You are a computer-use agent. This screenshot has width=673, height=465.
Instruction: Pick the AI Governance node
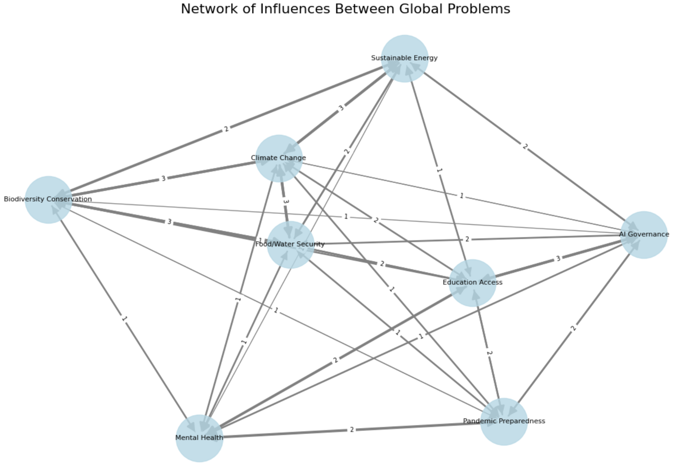(x=644, y=235)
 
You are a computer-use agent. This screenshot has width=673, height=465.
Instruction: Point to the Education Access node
(x=472, y=283)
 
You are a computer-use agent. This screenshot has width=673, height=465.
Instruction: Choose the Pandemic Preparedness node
(x=504, y=422)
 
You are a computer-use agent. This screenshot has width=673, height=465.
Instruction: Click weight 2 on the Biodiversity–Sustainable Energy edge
(x=226, y=129)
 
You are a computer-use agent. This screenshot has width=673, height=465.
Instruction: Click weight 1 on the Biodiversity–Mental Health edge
(x=124, y=319)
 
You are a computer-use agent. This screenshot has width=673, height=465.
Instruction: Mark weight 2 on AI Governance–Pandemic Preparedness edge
(x=574, y=328)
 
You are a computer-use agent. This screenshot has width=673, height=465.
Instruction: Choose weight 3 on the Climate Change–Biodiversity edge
(x=164, y=178)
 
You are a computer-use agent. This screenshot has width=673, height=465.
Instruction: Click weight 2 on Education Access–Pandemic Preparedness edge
(x=489, y=353)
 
